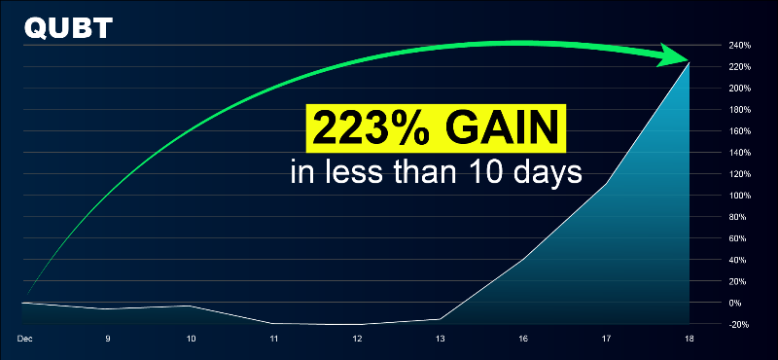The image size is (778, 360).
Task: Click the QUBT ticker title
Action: (67, 28)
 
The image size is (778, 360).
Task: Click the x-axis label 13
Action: (441, 339)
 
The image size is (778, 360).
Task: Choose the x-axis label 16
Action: (523, 339)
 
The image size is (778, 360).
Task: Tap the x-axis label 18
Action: (690, 339)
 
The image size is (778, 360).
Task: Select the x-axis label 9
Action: (107, 339)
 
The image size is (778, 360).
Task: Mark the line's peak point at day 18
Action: (690, 63)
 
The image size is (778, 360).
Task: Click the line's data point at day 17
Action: (607, 184)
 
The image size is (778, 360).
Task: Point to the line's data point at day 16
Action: (523, 259)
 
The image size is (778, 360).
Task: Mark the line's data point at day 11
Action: (274, 323)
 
